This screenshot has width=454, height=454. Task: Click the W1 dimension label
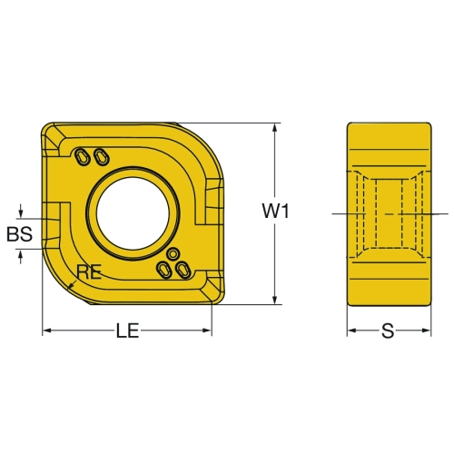pos(275,211)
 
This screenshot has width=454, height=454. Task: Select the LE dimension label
pos(127,331)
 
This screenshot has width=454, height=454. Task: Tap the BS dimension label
pos(20,234)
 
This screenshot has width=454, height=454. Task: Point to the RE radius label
pos(88,271)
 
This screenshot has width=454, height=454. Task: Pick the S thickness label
pos(388,331)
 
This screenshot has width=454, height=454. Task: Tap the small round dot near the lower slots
pos(173,254)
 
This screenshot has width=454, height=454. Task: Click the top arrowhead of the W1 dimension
pos(275,127)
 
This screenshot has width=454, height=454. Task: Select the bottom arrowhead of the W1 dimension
pos(275,300)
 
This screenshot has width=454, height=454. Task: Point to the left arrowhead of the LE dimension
pos(46,331)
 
